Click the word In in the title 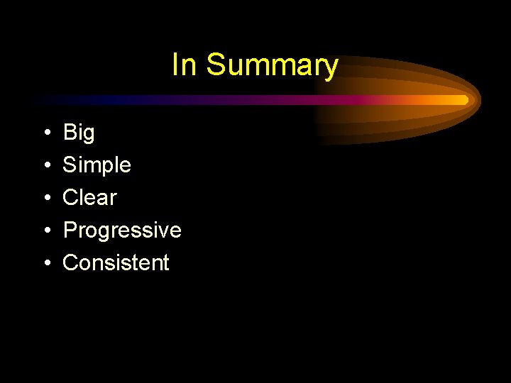[184, 65]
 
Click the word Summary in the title [272, 66]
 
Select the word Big [78, 133]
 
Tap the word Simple [97, 165]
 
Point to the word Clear [89, 197]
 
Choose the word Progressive [122, 231]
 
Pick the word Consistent [116, 262]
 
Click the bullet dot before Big [45, 133]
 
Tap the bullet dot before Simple [45, 166]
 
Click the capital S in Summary [215, 65]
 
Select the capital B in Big [70, 133]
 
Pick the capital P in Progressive [70, 230]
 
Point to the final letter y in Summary [331, 68]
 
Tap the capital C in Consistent [70, 262]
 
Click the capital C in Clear [70, 197]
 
